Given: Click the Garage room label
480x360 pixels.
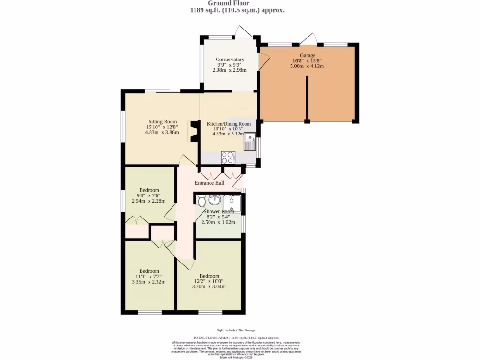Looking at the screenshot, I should pos(308,55).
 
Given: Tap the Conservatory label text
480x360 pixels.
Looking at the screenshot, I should pos(230,60).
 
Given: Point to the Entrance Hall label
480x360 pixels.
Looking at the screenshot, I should pos(210,183).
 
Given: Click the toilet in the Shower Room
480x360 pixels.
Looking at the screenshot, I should pos(202,201).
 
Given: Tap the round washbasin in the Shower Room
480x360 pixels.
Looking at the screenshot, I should pos(215,200).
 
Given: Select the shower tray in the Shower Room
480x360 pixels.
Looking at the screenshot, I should pos(232,203).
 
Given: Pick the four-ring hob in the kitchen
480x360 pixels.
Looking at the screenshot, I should pos(228,157).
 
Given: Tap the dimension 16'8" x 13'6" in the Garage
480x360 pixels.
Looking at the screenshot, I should pos(308,60).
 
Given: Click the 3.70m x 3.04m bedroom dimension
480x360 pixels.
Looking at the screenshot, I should pos(209,286).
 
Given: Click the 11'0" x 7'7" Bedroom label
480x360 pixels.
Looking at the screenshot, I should pos(149,271).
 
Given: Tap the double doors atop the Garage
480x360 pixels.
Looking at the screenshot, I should pos(308,38).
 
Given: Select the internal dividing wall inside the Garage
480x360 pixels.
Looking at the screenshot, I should pos(307,98).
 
